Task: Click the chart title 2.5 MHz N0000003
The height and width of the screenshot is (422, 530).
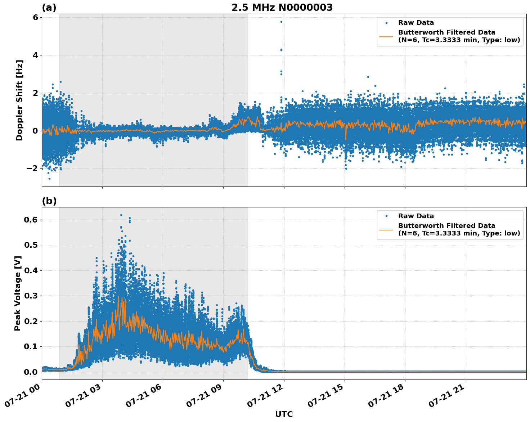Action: tap(282, 8)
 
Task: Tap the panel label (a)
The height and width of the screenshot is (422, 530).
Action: tap(49, 8)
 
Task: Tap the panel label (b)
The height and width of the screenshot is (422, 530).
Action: tap(49, 201)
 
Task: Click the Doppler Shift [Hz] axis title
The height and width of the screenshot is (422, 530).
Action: tap(19, 100)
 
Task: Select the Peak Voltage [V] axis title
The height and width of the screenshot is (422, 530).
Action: tap(18, 293)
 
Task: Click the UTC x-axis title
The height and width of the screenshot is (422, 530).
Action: tap(284, 414)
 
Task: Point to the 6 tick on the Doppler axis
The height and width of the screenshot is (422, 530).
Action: tap(35, 17)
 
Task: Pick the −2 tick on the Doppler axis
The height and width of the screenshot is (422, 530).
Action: tap(32, 168)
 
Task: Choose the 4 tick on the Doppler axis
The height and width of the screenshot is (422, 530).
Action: tap(35, 55)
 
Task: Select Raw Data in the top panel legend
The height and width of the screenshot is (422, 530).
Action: tap(416, 23)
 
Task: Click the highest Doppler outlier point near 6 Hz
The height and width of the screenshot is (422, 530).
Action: tap(281, 22)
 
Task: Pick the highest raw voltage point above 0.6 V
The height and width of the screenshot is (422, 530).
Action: tap(121, 215)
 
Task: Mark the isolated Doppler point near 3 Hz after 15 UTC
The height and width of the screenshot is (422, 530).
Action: tap(368, 77)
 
